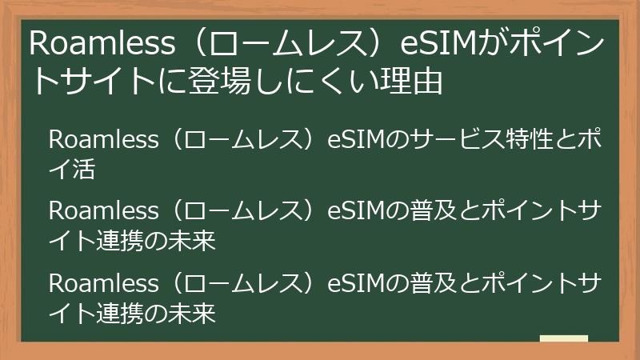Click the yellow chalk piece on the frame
[563, 338]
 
